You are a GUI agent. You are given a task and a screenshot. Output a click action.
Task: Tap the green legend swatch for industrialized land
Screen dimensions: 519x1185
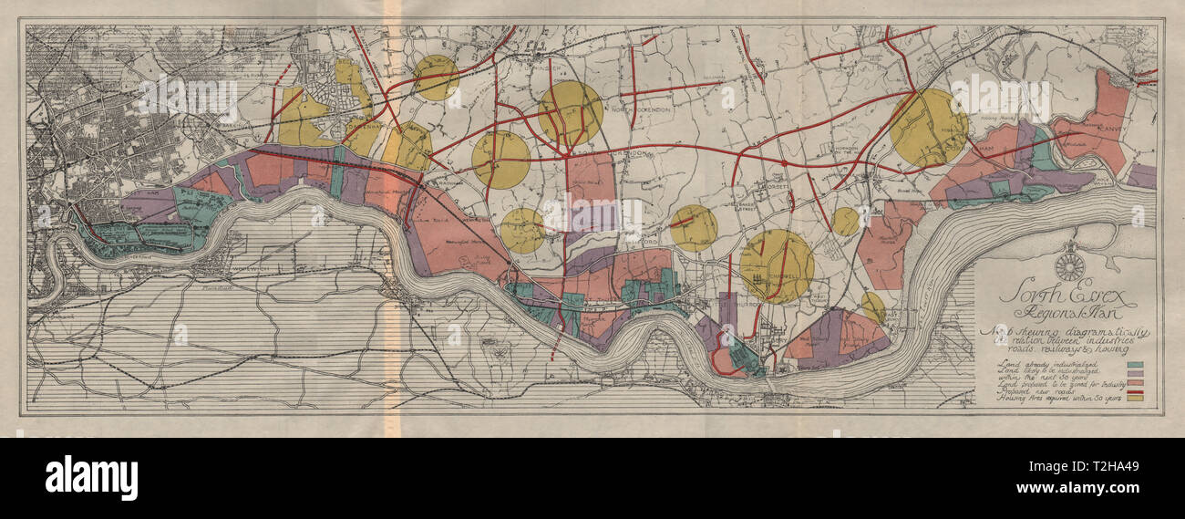coord(1135,365)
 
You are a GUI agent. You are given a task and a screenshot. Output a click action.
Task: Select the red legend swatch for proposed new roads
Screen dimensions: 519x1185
coord(1135,389)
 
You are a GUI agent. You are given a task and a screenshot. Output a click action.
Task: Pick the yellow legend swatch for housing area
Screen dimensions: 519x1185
coord(1135,398)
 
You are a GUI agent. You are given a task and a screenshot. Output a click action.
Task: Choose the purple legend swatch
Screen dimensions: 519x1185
coord(1135,373)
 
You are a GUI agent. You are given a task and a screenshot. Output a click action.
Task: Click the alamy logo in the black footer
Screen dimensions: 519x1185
coord(91,477)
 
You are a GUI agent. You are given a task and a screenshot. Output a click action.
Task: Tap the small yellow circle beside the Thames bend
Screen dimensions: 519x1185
coord(872,306)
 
